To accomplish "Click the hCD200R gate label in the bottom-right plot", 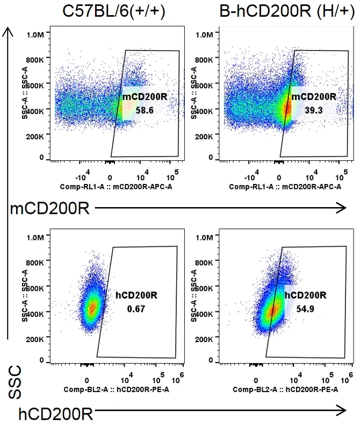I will [305, 295].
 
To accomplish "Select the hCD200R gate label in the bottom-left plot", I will [136, 295].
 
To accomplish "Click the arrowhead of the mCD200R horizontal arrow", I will [342, 207].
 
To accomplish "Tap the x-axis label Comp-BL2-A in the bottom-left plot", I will [115, 389].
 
